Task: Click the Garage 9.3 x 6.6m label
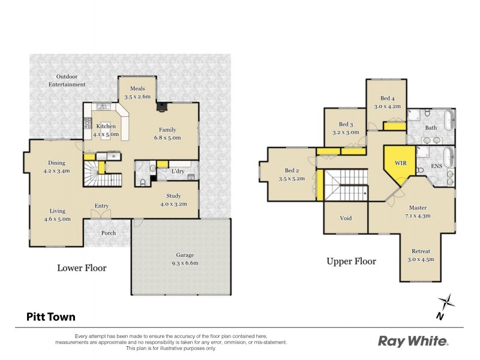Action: click(181, 258)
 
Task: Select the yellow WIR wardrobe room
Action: click(400, 164)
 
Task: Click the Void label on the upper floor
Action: click(346, 218)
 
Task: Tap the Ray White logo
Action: click(413, 341)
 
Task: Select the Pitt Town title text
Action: click(50, 317)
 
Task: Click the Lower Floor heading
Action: click(82, 268)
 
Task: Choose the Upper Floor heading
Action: click(351, 261)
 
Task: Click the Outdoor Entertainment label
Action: click(67, 80)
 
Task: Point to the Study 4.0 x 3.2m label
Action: click(177, 200)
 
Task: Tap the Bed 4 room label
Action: click(387, 102)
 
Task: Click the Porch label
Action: click(109, 233)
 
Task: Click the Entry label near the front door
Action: click(101, 206)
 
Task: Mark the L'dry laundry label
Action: click(178, 172)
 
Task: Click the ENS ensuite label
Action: click(437, 166)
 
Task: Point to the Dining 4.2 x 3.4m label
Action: click(57, 166)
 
